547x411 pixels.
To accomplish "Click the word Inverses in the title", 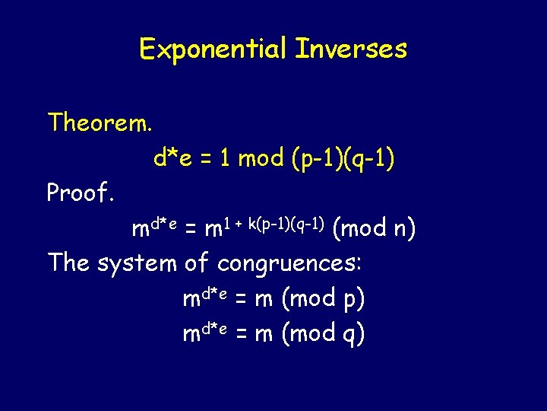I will [x=351, y=49].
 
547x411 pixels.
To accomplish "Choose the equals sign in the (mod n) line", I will [x=192, y=228].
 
